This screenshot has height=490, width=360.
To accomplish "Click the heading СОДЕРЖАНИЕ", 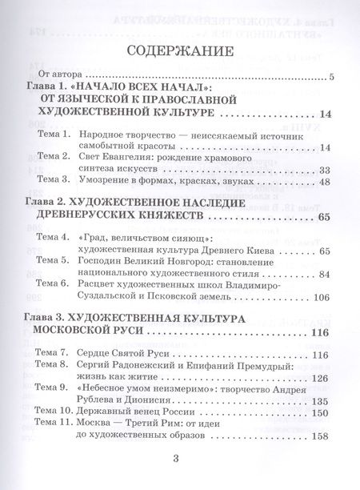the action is click(x=179, y=53).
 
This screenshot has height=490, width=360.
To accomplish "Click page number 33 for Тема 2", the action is click(x=324, y=170).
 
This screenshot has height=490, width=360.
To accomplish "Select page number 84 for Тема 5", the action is click(x=324, y=274).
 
